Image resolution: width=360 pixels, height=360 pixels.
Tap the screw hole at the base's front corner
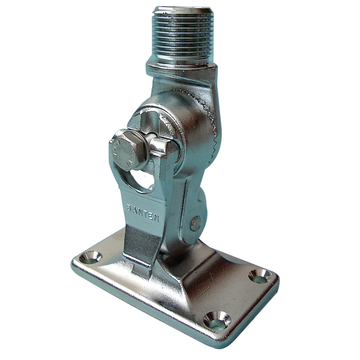(217, 320)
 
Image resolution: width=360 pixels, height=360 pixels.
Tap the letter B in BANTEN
(129, 208)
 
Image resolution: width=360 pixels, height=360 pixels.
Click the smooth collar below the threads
(182, 68)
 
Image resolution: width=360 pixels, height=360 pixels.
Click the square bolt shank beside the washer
(158, 144)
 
